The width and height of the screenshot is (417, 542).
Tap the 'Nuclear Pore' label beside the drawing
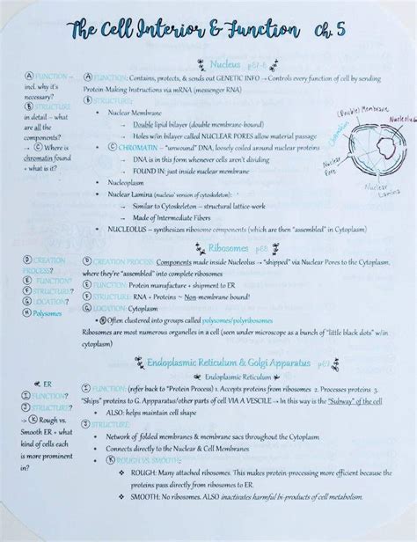point(332,166)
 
